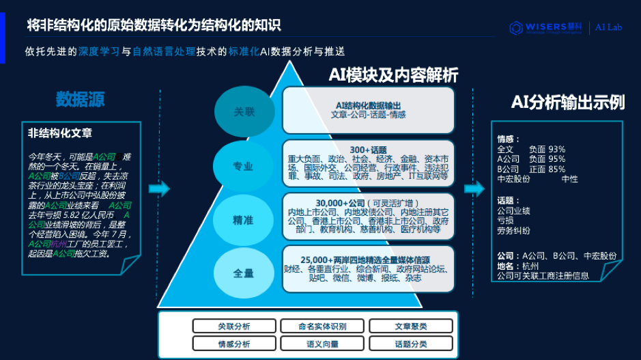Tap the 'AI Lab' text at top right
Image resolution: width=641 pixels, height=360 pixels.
coord(609,28)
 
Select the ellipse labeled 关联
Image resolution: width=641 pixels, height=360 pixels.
coord(244,112)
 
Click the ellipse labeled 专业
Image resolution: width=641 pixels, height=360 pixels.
coord(243,166)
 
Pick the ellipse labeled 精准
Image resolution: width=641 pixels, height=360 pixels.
coord(243,220)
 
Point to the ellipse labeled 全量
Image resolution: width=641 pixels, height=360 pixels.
coord(243,273)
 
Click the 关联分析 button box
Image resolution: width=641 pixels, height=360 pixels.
coord(234,327)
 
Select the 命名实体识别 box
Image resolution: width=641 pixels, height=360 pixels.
coord(322,327)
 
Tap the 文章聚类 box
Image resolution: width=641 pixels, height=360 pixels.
coord(411,327)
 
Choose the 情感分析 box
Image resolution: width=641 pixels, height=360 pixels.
coord(234,344)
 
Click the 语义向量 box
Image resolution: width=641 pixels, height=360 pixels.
coord(322,344)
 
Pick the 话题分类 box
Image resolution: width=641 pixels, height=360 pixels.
coord(411,344)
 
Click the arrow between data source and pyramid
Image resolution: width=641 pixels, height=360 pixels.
coord(158,189)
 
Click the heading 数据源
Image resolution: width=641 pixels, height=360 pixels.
coord(80,100)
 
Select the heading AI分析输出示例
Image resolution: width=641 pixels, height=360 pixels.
coord(568,102)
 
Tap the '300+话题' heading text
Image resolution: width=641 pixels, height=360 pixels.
coord(368,150)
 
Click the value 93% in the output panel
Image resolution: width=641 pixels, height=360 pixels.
coord(556,149)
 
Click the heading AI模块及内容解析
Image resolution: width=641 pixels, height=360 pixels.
coord(393,75)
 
